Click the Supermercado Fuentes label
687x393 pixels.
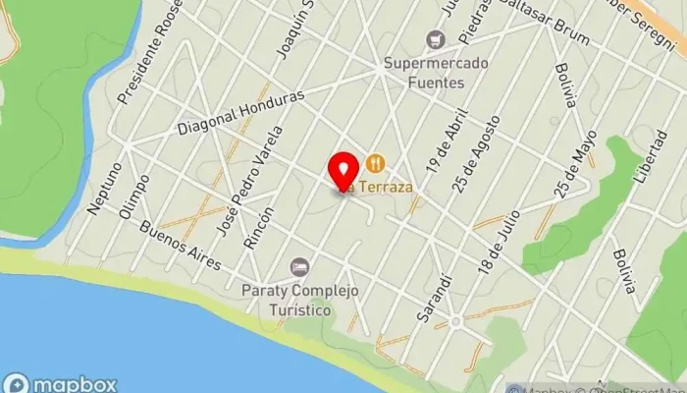(423, 74)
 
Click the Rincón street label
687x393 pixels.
(260, 225)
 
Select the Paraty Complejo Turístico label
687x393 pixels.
(288, 300)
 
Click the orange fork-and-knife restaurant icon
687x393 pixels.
(374, 162)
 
